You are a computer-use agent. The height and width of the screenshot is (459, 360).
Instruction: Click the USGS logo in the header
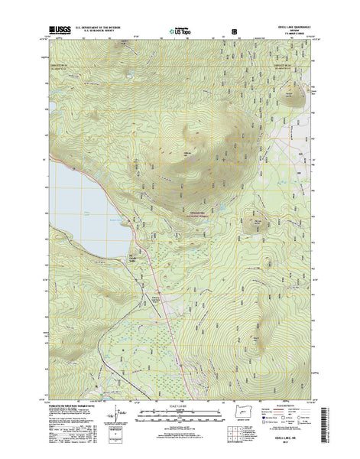pyautogui.click(x=61, y=31)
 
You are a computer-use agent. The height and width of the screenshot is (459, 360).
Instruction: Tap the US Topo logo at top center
pyautogui.click(x=179, y=33)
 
